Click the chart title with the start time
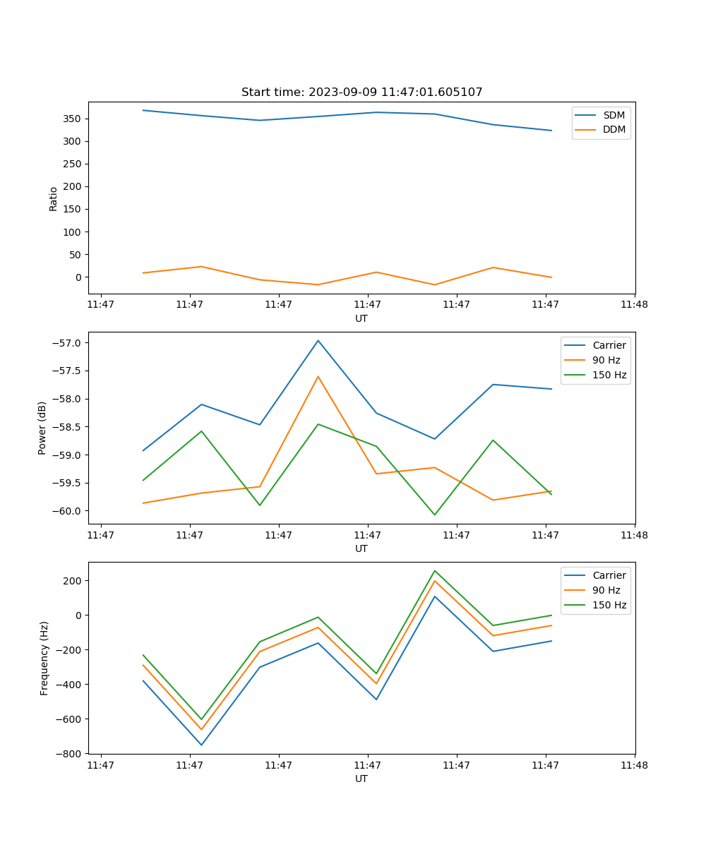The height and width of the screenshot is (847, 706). tap(361, 92)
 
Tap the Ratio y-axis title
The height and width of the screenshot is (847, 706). tap(54, 198)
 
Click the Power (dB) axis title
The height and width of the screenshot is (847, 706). tap(42, 428)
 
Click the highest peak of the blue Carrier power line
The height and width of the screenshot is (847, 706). tap(318, 340)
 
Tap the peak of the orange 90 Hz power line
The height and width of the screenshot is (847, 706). tap(318, 376)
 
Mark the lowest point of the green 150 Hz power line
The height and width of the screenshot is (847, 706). tap(434, 515)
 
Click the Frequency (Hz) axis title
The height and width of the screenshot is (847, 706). tap(44, 658)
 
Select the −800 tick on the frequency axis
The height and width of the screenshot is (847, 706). tap(71, 754)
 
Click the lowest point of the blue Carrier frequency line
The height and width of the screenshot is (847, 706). tap(201, 745)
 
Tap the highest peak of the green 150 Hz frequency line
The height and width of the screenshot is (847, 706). tap(434, 570)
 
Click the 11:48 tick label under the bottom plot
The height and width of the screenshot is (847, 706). tap(634, 764)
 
